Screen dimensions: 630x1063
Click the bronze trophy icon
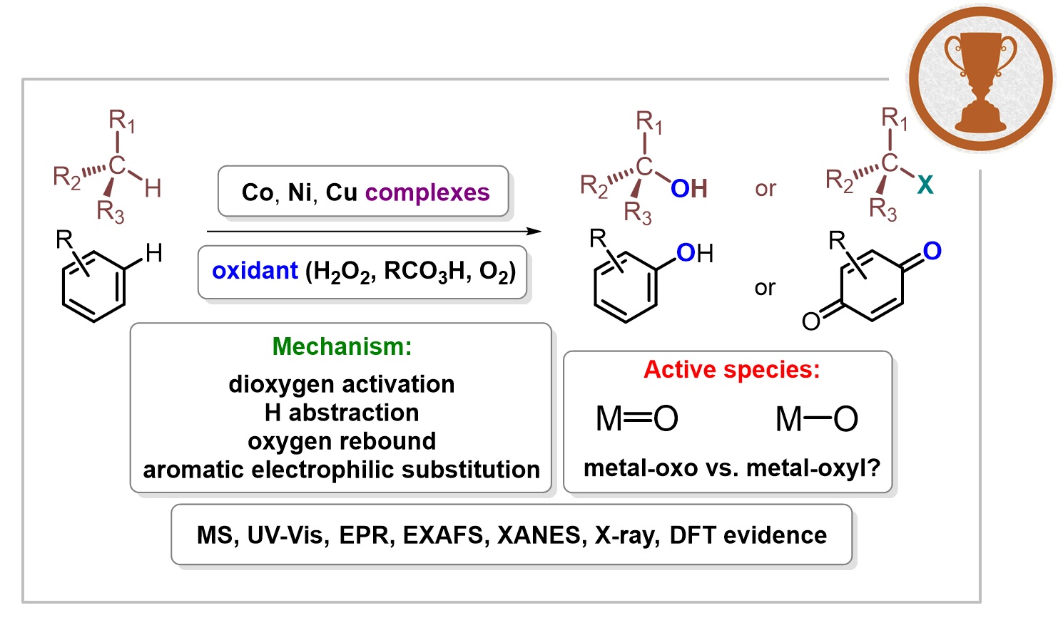coord(980,78)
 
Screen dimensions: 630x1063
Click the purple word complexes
coord(427,193)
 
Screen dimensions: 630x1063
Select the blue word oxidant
coord(255,271)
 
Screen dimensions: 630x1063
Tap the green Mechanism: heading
coord(342,346)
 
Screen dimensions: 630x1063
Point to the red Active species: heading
coord(731,369)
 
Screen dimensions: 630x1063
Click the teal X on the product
coord(925,185)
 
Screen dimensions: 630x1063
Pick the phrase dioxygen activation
coord(342,384)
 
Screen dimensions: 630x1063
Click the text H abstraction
coord(342,413)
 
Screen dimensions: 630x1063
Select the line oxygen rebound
coord(342,441)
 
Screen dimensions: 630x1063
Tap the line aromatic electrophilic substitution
coord(342,470)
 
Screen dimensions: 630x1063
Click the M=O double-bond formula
coord(636,419)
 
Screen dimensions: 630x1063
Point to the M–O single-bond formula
coord(816,419)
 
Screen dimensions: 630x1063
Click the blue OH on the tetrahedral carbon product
coord(688,189)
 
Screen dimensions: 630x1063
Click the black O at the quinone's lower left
coord(811,321)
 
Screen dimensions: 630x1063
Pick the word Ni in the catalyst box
coord(300,193)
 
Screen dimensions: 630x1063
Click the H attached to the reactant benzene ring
coord(153,252)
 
